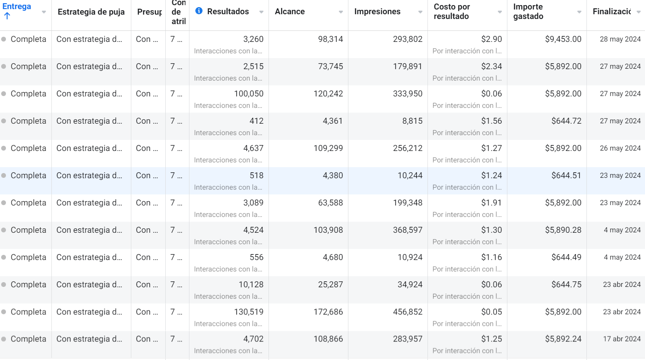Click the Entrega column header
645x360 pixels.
pos(17,6)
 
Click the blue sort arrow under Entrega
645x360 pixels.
pos(7,16)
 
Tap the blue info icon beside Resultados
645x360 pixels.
pos(199,11)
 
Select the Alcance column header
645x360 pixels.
pos(290,11)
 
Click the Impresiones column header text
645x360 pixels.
pos(377,11)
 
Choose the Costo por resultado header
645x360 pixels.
pos(452,11)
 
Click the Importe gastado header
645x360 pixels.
pos(528,11)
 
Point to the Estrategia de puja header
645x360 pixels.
pos(91,12)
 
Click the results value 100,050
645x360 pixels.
pos(249,94)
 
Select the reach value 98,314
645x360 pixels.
pos(331,39)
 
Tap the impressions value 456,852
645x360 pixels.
pos(408,312)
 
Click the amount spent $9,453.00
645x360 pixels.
pos(563,39)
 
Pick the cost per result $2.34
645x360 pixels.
pos(492,66)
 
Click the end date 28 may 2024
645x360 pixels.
pos(620,39)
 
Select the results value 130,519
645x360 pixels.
pos(249,312)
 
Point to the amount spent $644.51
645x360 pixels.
pos(566,175)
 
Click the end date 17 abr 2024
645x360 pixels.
pos(622,339)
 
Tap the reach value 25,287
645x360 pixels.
pos(331,285)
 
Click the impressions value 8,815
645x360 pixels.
pos(412,121)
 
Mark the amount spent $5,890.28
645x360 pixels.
pos(563,230)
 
